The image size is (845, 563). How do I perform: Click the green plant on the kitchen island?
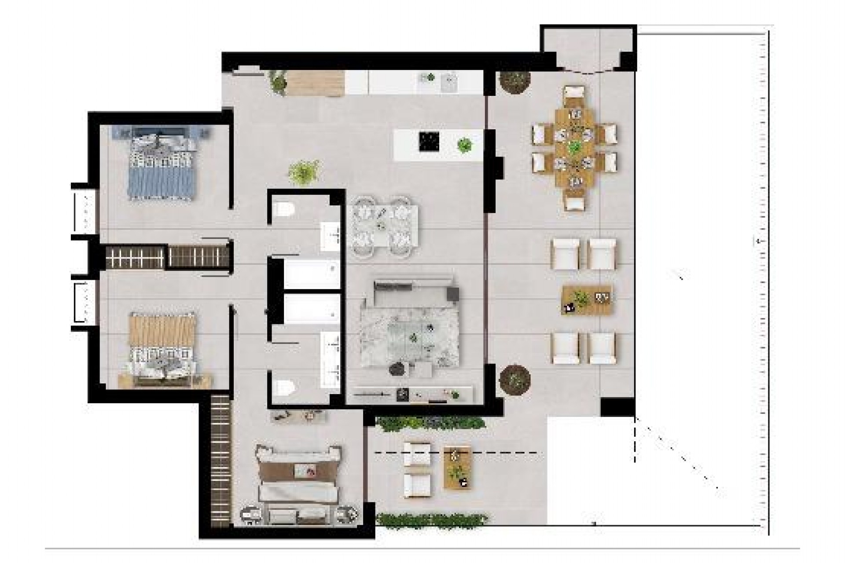pyautogui.click(x=464, y=144)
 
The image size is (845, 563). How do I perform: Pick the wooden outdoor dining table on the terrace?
pyautogui.click(x=574, y=147)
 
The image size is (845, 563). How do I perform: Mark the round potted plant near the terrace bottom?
pyautogui.click(x=515, y=379)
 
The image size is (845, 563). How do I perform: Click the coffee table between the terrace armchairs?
pyautogui.click(x=587, y=300)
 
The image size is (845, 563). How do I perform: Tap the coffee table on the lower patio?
pyautogui.click(x=457, y=467)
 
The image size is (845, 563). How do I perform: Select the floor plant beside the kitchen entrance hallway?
pyautogui.click(x=304, y=171)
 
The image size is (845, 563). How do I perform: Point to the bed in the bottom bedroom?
pyautogui.click(x=299, y=484)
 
